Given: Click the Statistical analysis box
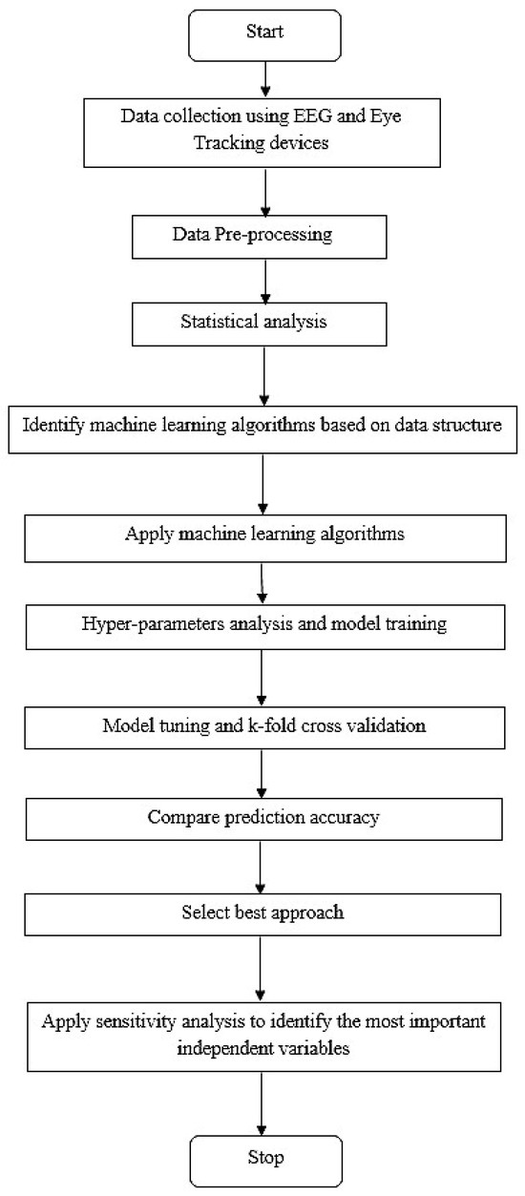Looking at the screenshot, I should (x=261, y=322).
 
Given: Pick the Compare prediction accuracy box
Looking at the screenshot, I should (x=261, y=791).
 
